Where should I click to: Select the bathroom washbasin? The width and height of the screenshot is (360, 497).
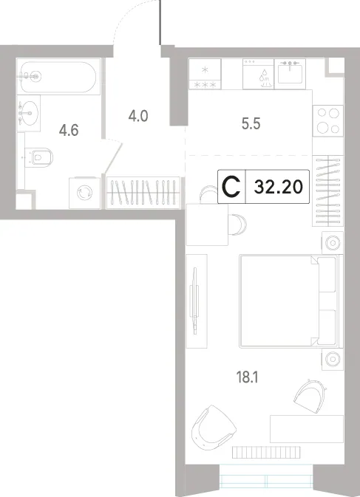tap(29, 113)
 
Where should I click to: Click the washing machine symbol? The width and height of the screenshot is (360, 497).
tap(85, 193)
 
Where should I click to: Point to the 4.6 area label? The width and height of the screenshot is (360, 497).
tap(69, 130)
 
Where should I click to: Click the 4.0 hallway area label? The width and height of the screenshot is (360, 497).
tap(138, 116)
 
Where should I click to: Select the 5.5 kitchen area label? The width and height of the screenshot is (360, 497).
tap(251, 124)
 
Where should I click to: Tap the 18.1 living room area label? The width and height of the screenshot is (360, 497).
tap(247, 377)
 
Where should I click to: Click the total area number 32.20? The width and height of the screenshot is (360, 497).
tap(278, 187)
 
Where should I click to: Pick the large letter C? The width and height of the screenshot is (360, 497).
tap(231, 187)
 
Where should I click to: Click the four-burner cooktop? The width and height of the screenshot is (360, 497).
tap(328, 121)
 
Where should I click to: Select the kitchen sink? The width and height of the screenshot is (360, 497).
tap(290, 73)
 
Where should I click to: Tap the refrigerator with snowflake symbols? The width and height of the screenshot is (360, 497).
tap(205, 74)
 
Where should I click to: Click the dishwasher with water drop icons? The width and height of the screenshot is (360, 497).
tap(258, 74)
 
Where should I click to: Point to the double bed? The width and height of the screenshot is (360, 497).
tap(290, 301)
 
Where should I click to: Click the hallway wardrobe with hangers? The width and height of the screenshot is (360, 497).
tap(143, 193)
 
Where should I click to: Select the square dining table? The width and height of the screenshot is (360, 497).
tap(207, 224)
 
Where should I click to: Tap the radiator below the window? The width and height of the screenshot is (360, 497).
tap(266, 452)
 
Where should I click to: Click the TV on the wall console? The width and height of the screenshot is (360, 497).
tap(194, 300)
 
